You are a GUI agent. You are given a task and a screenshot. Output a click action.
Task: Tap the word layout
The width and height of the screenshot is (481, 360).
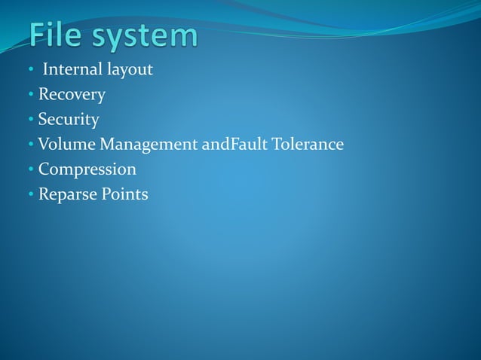click(x=130, y=71)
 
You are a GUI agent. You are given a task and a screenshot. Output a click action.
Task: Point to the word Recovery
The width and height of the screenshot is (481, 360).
click(x=72, y=96)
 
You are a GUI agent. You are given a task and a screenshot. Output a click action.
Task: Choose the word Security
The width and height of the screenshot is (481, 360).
click(x=69, y=120)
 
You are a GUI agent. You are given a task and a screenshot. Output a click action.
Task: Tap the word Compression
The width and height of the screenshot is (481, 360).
click(x=87, y=169)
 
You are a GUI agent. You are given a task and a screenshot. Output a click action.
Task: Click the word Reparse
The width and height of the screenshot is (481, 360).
click(x=67, y=194)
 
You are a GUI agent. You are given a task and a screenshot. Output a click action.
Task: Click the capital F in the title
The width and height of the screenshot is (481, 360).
click(x=38, y=36)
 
